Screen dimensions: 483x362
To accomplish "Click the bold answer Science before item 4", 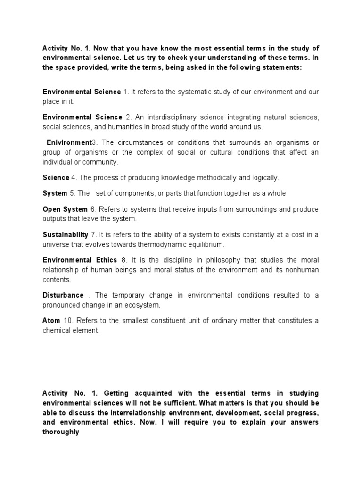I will tap(56, 178).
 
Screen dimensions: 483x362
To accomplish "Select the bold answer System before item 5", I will tap(55, 193).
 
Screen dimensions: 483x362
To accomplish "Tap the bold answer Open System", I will tap(65, 209).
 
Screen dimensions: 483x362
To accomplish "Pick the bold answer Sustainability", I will tap(66, 234).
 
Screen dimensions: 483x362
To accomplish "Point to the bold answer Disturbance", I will tap(63, 295).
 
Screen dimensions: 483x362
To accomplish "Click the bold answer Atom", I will tap(51, 321).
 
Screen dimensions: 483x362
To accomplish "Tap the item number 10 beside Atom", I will tap(67, 321).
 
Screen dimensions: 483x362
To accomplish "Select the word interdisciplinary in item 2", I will tap(174, 117).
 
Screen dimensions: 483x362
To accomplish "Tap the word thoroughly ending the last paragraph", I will tap(60, 432).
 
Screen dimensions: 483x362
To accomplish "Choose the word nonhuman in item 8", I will tap(303, 270).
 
